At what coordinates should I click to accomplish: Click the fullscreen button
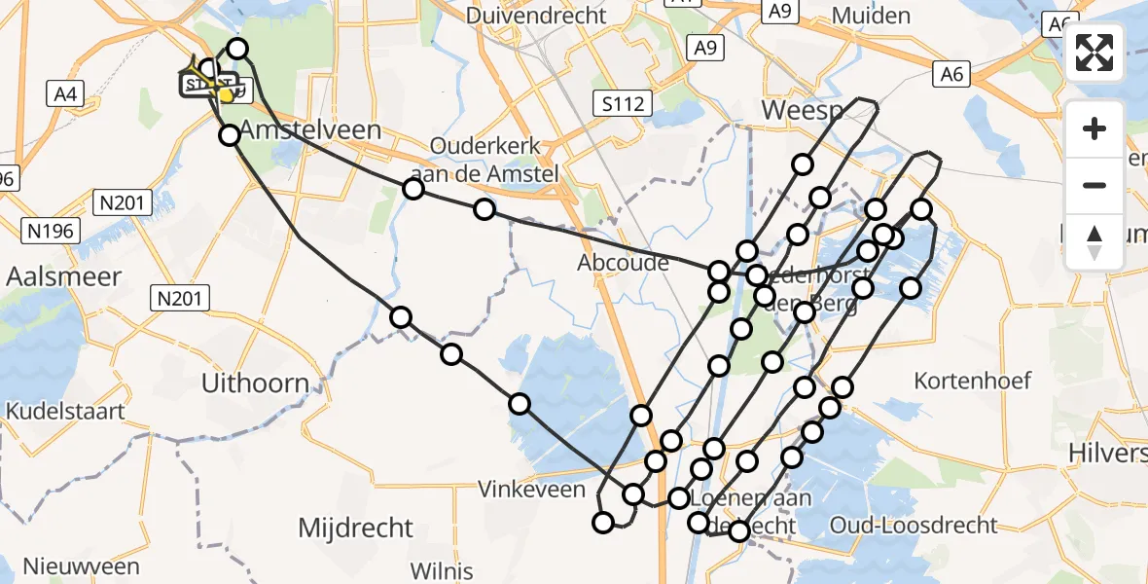[x=1094, y=54]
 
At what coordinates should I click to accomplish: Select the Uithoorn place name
[x=255, y=383]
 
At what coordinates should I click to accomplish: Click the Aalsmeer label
[x=63, y=276]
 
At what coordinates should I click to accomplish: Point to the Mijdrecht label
[x=355, y=529]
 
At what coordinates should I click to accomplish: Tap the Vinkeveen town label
[x=531, y=490]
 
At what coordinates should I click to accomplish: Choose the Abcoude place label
[x=624, y=263]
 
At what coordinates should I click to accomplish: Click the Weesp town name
[x=801, y=111]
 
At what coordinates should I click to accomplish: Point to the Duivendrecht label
[x=536, y=16]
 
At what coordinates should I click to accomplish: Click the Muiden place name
[x=872, y=16]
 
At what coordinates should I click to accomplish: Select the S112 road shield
[x=623, y=103]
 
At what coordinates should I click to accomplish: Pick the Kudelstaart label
[x=65, y=411]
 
